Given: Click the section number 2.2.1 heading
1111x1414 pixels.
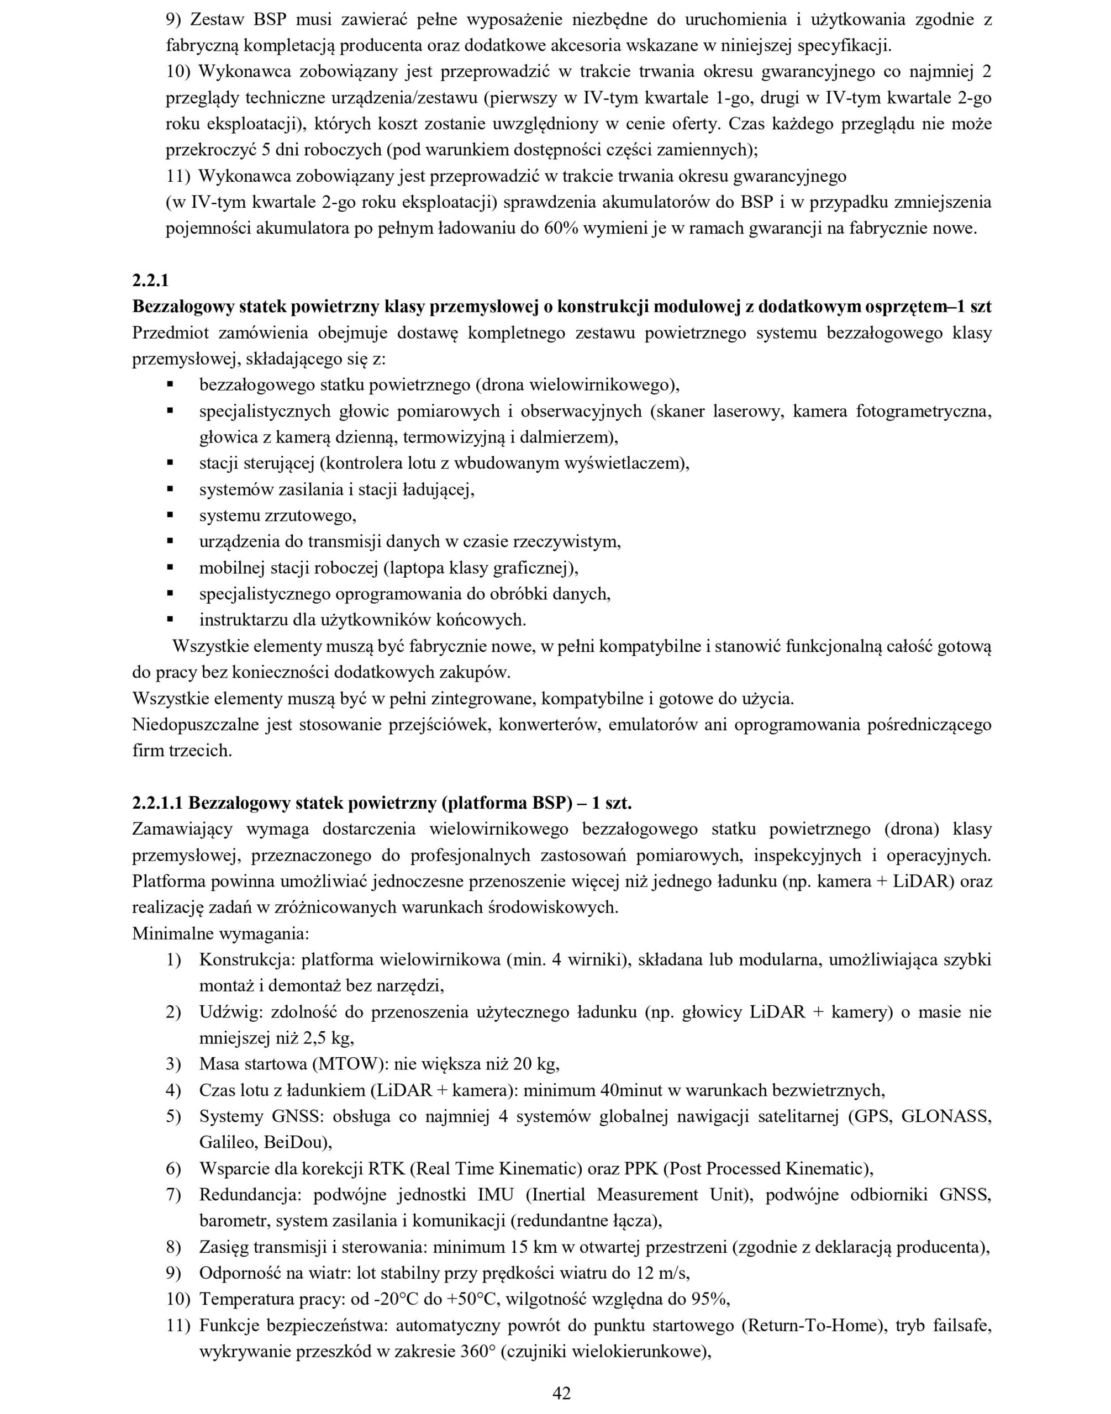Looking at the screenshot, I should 150,281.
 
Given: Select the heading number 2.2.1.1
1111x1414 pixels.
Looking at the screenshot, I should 157,803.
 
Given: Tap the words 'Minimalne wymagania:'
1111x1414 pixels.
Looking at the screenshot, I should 220,934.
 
